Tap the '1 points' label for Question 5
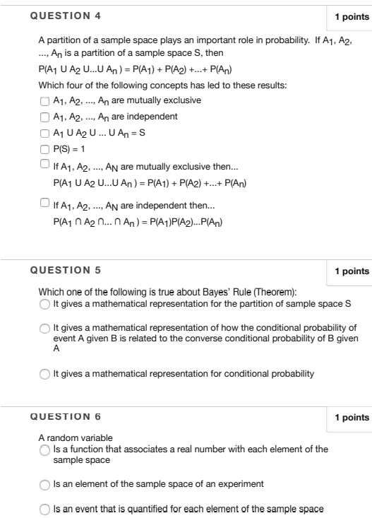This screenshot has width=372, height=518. [352, 271]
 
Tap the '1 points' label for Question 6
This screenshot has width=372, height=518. [352, 418]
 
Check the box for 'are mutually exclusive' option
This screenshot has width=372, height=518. [44, 100]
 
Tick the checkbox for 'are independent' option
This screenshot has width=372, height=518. [44, 117]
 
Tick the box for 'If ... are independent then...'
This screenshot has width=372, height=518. [44, 206]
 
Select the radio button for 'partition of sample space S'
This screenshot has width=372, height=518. [45, 305]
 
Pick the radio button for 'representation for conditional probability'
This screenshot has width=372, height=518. [45, 374]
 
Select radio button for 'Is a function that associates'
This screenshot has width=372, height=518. [45, 450]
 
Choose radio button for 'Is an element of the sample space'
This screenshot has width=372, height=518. [45, 484]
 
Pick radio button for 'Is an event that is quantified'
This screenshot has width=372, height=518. [45, 509]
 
